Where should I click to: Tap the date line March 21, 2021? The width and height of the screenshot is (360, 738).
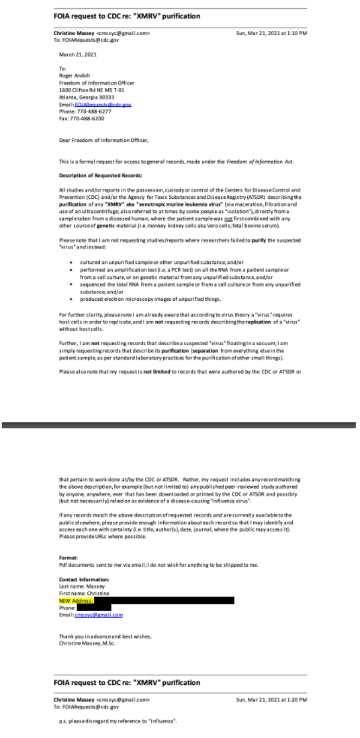78,54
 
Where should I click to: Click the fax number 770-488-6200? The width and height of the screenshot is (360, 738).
81,118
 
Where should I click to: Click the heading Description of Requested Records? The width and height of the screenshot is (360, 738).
93,176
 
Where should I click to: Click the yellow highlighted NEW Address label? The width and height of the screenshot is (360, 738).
76,600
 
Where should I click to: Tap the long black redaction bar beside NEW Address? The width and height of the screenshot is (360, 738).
164,600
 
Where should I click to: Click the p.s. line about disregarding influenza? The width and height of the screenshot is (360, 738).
118,721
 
